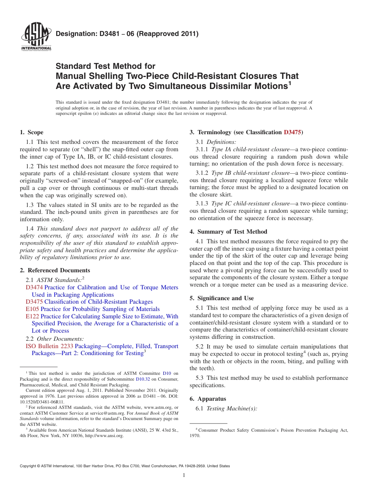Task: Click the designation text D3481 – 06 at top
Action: coord(127,34)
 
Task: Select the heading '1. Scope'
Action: coord(31,132)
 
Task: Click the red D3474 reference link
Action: coord(34,287)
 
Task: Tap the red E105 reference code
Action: coord(32,309)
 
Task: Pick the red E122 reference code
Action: coord(32,316)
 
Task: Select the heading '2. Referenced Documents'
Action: coord(55,270)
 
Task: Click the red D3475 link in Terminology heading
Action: coord(292,132)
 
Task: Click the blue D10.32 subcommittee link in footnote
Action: coord(142,379)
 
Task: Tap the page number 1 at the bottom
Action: coord(184,475)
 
